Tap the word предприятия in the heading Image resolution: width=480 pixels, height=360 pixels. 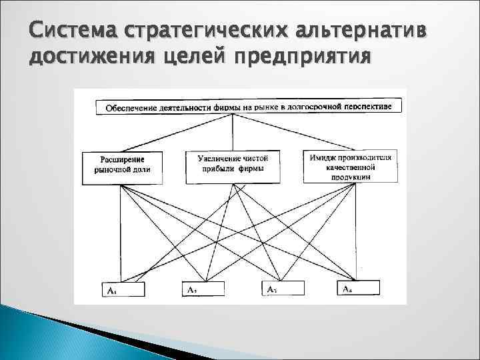[x=305, y=59]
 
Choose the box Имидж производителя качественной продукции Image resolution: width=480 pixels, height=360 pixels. [x=351, y=165]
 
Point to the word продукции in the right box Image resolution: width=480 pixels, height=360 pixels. [x=351, y=177]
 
